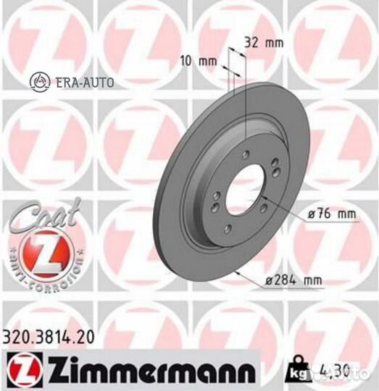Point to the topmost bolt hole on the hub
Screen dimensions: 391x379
246,153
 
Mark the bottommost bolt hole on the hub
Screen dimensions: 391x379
228,229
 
